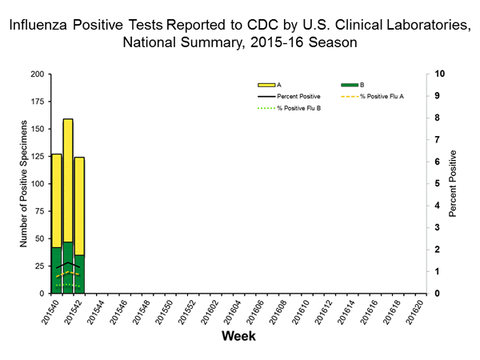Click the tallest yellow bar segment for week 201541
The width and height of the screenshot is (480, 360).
click(68, 180)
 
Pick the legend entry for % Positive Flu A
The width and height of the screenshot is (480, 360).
click(384, 95)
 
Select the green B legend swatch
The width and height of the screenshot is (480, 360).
click(350, 84)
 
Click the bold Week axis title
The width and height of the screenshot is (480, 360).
click(238, 337)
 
